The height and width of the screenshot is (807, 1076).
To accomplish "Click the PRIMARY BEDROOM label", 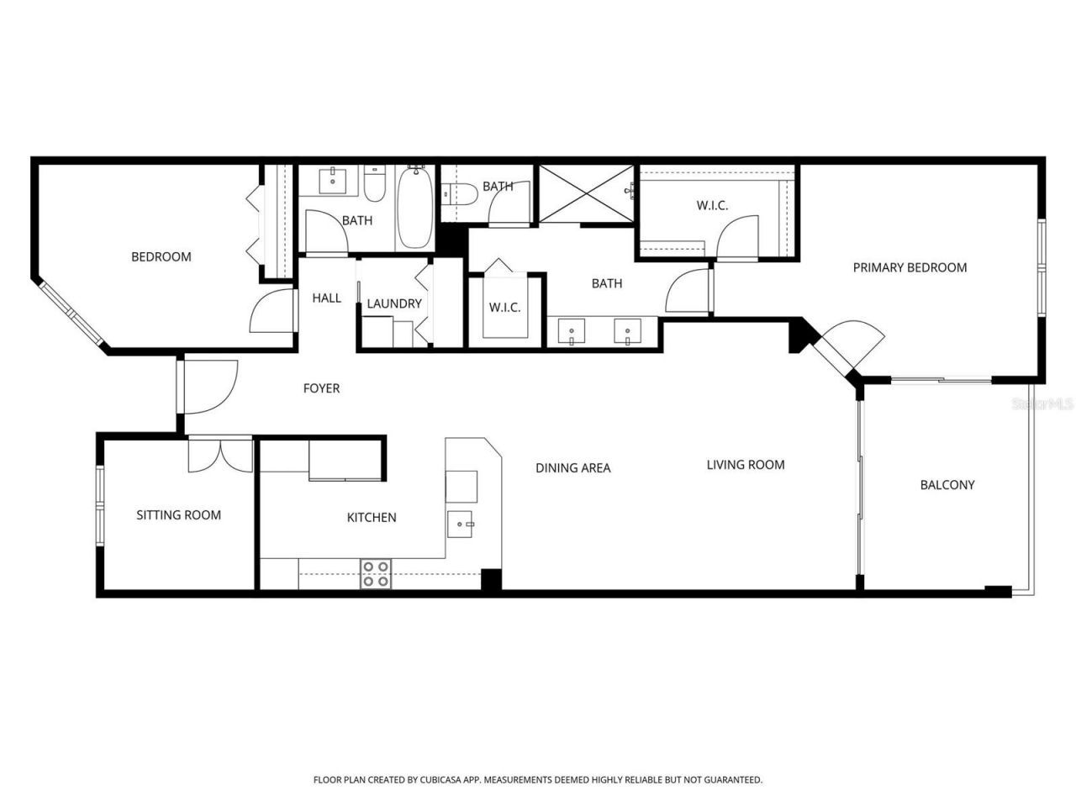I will tap(910, 267).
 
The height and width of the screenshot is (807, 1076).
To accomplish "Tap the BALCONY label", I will tap(947, 485).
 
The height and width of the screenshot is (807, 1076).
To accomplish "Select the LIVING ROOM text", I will tap(746, 465).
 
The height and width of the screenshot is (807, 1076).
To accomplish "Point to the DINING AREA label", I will tap(573, 468).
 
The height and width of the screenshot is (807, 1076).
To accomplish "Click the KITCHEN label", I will tap(372, 518).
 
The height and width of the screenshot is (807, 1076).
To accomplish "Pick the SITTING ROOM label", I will tap(179, 515).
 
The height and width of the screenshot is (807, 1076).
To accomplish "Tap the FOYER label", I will tap(321, 388).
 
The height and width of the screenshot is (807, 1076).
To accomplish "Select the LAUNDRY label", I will tap(394, 303).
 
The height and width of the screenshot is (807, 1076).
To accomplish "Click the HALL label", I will tap(327, 298).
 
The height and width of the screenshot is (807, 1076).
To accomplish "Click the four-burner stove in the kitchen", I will tap(375, 574).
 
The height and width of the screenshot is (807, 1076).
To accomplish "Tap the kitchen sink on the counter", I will tap(461, 524).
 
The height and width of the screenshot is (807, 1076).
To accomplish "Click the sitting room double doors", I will tap(219, 455).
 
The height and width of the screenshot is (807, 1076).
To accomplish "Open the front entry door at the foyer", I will tap(208, 387).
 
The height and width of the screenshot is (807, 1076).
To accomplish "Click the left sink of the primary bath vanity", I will tap(572, 331).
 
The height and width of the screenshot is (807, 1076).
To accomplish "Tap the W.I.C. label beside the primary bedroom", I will tap(712, 206).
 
